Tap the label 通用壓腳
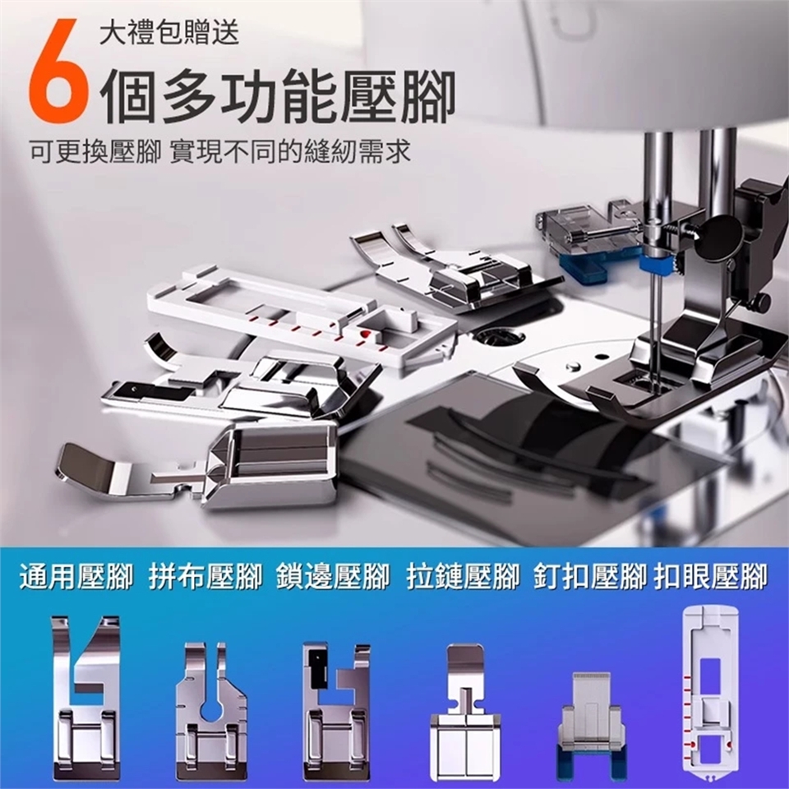76,577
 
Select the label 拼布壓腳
205,577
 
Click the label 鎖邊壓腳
333,577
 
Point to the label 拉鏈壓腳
463,577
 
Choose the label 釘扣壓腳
590,577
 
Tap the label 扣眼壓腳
712,577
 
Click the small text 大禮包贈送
169,33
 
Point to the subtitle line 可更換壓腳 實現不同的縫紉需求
220,151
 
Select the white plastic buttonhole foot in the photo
302,317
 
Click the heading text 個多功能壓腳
279,98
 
